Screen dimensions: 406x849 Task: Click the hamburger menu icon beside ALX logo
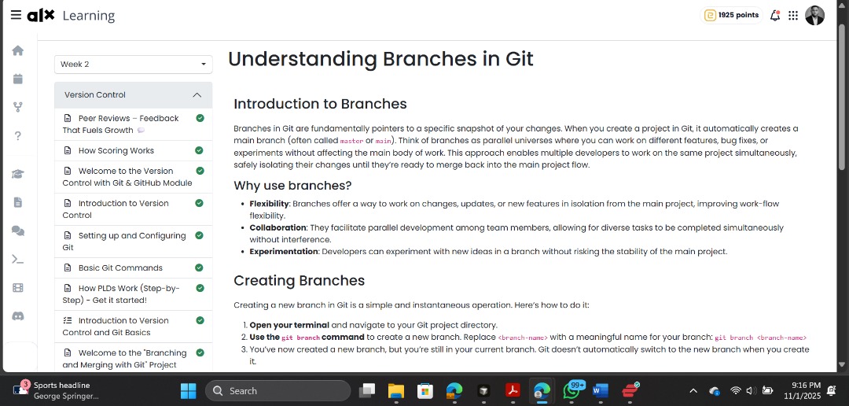pyautogui.click(x=16, y=15)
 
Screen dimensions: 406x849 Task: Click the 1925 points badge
pyautogui.click(x=731, y=15)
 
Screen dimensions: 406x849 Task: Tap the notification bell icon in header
pyautogui.click(x=775, y=15)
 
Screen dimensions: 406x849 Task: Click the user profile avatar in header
pyautogui.click(x=815, y=15)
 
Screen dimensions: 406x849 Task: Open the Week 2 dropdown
pyautogui.click(x=133, y=64)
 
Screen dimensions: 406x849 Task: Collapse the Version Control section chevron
pyautogui.click(x=197, y=95)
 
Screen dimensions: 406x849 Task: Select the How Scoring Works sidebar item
pyautogui.click(x=116, y=150)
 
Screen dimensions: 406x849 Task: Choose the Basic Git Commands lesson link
pyautogui.click(x=119, y=268)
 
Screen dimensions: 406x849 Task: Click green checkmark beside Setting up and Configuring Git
pyautogui.click(x=200, y=235)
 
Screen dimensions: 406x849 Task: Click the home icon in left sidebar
pyautogui.click(x=17, y=50)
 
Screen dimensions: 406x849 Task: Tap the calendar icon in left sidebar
pyautogui.click(x=17, y=79)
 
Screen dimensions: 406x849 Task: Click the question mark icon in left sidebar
pyautogui.click(x=17, y=135)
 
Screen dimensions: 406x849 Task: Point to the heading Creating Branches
pyautogui.click(x=299, y=281)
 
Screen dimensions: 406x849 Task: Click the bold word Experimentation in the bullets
pyautogui.click(x=283, y=252)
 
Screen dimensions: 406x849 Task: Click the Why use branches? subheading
pyautogui.click(x=292, y=186)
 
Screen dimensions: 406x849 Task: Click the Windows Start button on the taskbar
pyautogui.click(x=189, y=390)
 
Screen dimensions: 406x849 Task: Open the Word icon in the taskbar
pyautogui.click(x=600, y=390)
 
